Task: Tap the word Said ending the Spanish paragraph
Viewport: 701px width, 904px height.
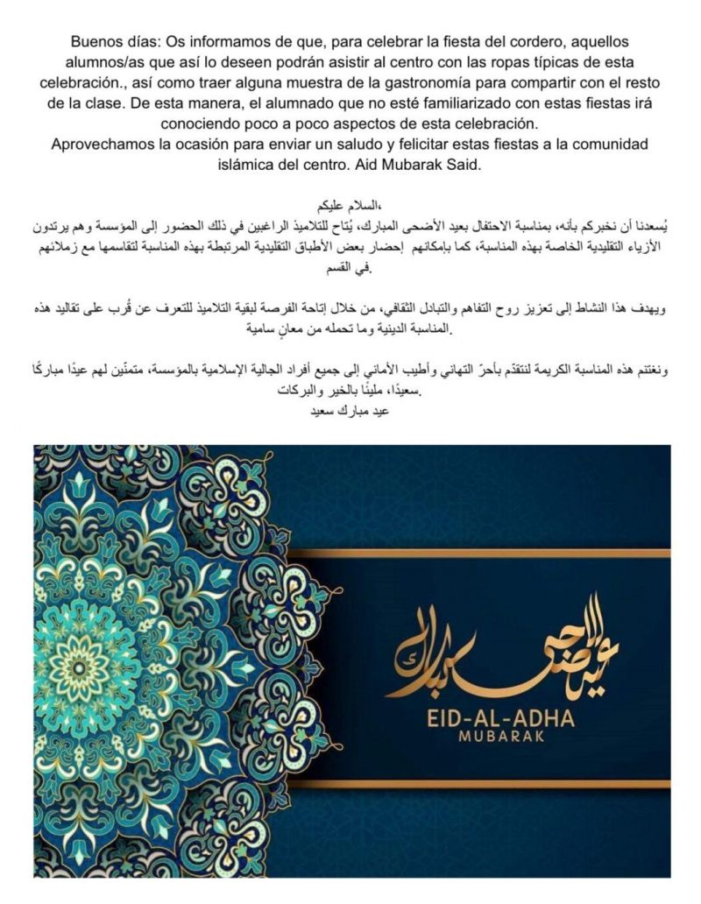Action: [464, 164]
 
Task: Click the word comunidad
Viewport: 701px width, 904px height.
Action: [601, 143]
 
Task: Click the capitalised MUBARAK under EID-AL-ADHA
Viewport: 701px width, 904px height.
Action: [500, 737]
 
